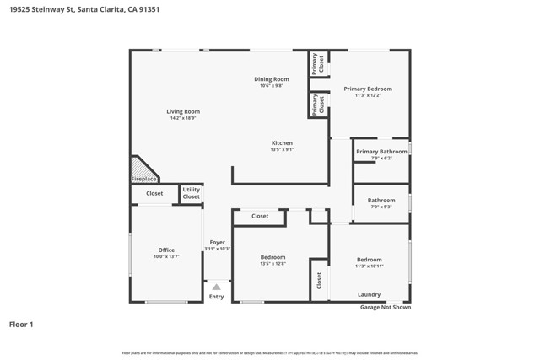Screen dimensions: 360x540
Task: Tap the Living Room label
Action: [183, 111]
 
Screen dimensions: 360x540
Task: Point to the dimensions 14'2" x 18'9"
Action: [183, 119]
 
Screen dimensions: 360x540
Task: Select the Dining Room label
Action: [272, 79]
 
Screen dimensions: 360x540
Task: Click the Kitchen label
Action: [282, 142]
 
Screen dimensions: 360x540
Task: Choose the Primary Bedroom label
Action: [368, 89]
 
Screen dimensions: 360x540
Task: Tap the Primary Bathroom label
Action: [381, 152]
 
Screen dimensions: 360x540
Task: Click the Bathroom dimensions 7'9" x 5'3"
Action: [381, 207]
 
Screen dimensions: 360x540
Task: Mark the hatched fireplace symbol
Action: [141, 167]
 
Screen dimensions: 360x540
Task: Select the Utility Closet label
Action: [192, 193]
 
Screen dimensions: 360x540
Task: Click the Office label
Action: [166, 250]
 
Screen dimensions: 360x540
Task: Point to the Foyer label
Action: [218, 242]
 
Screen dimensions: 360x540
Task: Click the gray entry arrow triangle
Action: [217, 287]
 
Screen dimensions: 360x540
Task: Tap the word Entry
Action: [217, 297]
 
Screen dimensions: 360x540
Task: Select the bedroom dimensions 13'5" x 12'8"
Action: [273, 264]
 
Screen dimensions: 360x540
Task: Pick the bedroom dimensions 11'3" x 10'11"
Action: [370, 266]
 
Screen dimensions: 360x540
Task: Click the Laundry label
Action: [369, 294]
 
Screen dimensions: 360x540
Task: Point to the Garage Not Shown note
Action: [386, 308]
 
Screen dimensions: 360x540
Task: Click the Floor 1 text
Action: [22, 323]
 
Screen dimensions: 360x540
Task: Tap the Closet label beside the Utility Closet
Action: [154, 193]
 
